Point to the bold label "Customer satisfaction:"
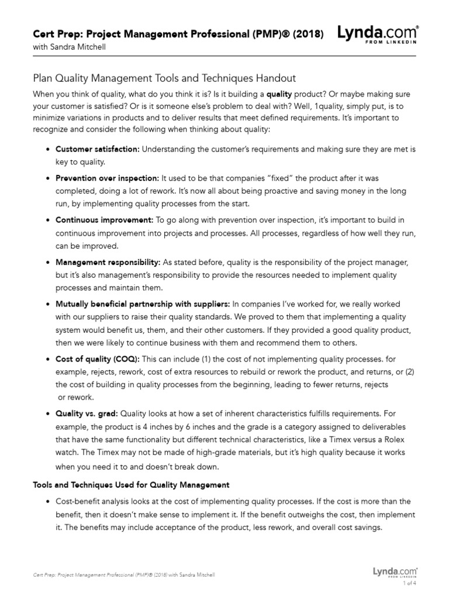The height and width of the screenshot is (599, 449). [x=98, y=150]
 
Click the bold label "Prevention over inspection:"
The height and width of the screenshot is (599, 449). [x=107, y=178]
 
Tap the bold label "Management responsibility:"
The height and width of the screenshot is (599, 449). [x=107, y=262]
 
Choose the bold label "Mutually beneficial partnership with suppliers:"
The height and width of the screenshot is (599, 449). [x=143, y=304]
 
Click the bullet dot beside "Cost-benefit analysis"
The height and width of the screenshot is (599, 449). [x=47, y=502]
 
